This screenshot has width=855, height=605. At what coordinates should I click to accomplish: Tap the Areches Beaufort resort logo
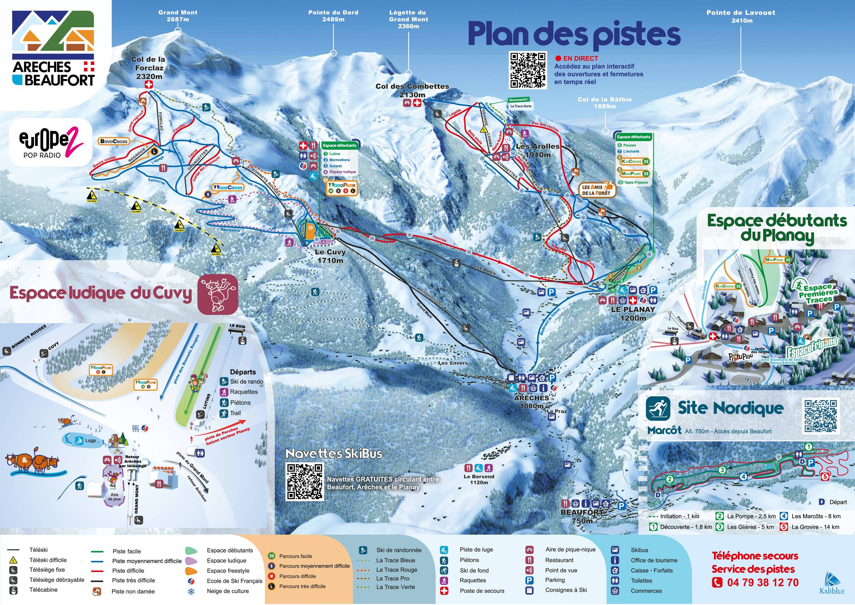click(x=53, y=49)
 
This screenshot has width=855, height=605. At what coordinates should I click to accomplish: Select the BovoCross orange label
click(x=114, y=141)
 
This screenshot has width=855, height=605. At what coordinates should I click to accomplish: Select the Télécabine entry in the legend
click(x=43, y=590)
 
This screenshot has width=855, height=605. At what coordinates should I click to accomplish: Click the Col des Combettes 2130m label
click(x=412, y=90)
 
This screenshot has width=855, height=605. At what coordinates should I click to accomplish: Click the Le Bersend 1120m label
click(x=479, y=479)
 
